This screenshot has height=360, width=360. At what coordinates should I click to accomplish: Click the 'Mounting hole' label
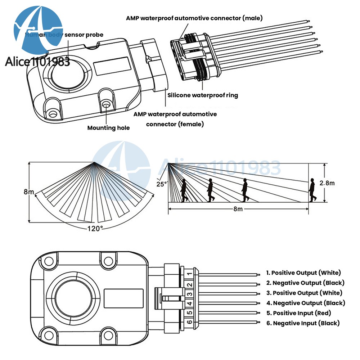[108, 128]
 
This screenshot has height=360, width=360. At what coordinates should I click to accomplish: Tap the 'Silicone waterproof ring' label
[203, 95]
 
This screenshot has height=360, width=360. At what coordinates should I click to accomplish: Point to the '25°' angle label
[162, 184]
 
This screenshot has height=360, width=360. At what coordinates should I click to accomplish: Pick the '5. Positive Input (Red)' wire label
[298, 313]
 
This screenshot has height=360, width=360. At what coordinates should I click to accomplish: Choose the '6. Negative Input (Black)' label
[303, 323]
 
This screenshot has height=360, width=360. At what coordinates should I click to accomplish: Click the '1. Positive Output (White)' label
[303, 273]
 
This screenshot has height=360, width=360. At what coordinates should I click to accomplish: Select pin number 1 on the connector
[190, 274]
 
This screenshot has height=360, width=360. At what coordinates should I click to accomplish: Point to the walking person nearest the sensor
[184, 190]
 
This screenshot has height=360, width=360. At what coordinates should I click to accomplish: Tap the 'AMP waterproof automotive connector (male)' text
[194, 18]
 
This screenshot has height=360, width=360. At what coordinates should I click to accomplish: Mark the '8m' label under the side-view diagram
[238, 210]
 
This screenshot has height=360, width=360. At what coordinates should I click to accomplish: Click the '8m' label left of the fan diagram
[29, 192]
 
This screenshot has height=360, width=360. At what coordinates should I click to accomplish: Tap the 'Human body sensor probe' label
[64, 35]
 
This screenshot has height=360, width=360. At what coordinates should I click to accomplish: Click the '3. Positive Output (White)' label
[304, 293]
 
